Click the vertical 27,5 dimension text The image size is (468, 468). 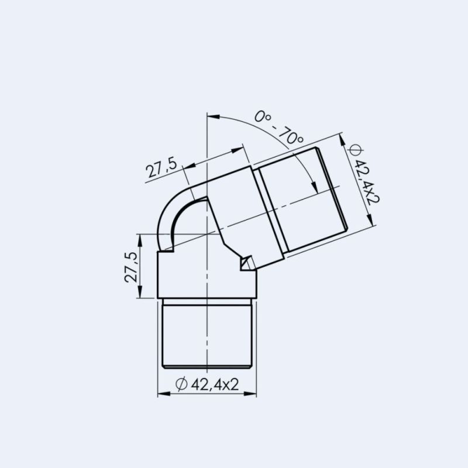130,267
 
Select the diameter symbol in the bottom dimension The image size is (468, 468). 181,384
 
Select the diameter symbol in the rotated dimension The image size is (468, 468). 353,150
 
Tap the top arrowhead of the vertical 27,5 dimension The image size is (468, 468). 140,237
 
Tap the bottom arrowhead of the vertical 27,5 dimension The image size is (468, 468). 140,295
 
